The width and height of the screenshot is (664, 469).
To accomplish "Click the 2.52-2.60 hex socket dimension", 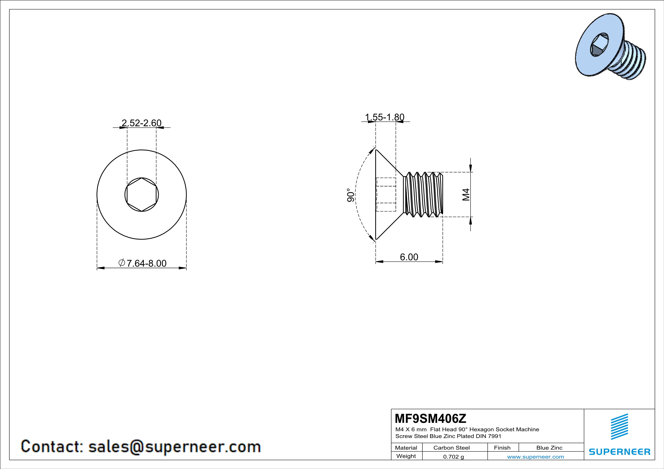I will coord(141,123).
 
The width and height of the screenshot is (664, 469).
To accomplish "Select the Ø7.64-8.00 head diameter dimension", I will coord(143,263).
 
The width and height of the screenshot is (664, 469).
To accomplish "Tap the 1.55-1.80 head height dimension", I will coord(385,117).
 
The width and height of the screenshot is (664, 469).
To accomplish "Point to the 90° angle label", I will coord(350,195).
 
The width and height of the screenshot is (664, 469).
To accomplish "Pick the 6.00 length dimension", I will coord(409,257).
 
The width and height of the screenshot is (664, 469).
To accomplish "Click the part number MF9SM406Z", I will coord(430,418).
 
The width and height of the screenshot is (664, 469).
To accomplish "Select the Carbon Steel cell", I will coord(451,448).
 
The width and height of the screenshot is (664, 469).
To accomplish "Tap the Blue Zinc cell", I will coord(549,448).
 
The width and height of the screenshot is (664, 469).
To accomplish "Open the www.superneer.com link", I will coord(535,457).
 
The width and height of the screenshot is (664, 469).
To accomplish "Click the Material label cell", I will coord(406,448).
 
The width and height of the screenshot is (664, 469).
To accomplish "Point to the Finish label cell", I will coord(502,448).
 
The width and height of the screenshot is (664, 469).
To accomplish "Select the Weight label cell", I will coord(406,456).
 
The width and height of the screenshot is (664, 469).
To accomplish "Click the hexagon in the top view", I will coord(142,195).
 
